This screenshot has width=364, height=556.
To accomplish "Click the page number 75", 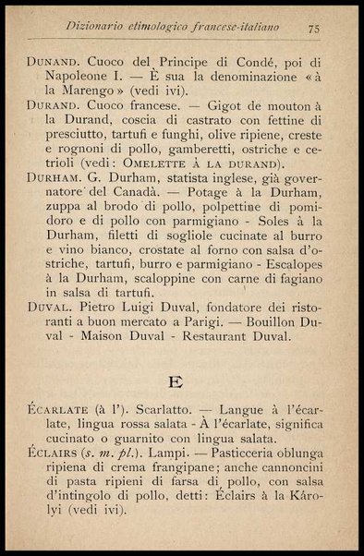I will [x=313, y=29].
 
